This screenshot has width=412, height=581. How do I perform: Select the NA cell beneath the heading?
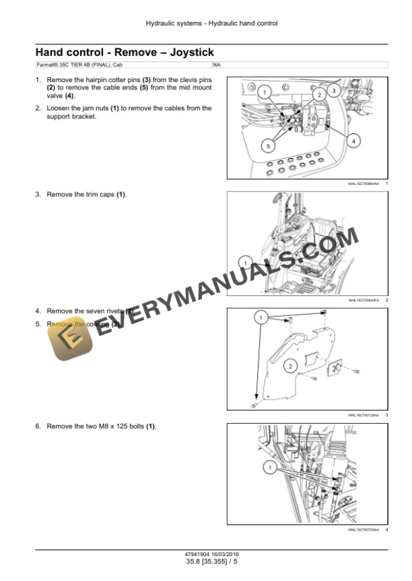point(216,65)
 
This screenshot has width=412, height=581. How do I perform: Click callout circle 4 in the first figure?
point(354,140)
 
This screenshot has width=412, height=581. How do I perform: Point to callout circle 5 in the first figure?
point(269,144)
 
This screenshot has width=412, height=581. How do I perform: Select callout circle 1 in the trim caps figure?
point(246,262)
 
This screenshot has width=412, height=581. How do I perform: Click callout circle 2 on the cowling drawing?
point(289,366)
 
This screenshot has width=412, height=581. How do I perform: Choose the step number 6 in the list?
point(38,426)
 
